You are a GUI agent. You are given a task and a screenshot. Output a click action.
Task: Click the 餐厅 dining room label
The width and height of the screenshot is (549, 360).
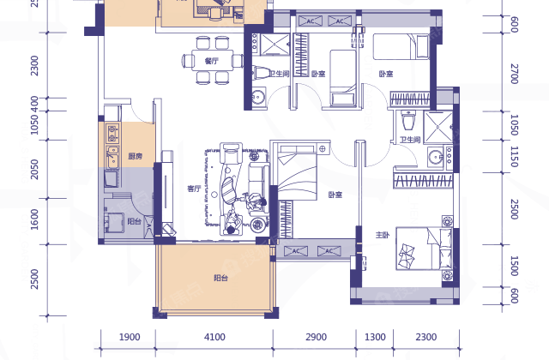[x=212, y=61]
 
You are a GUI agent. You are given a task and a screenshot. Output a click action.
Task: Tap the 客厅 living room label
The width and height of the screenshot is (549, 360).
[x=195, y=189]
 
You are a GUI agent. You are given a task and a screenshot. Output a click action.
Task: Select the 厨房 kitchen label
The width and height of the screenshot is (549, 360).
[x=136, y=156]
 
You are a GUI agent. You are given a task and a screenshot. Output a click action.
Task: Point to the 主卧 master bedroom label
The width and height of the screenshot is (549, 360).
[x=383, y=235]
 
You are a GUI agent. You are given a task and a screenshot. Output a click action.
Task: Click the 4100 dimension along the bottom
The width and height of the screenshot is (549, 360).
[x=214, y=337]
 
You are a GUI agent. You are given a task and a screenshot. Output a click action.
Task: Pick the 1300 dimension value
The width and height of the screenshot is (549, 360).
[x=375, y=337]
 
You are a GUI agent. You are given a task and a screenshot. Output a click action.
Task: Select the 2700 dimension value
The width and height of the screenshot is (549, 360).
[x=514, y=74]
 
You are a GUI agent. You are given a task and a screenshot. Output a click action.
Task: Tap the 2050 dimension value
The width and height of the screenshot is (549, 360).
[x=34, y=170]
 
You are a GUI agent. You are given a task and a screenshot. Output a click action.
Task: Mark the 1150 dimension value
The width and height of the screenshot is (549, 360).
[x=514, y=156]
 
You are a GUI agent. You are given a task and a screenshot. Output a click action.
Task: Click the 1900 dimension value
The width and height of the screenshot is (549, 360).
[x=130, y=337]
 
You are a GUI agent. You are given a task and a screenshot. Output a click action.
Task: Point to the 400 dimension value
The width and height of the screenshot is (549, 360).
[x=34, y=105]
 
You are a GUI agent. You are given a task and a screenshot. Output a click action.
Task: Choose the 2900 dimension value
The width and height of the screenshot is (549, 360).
[x=317, y=337]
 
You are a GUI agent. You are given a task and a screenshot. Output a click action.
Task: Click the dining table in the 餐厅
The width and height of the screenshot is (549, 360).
[x=212, y=61]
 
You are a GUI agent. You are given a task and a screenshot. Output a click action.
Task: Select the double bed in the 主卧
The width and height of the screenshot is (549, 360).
[x=425, y=249]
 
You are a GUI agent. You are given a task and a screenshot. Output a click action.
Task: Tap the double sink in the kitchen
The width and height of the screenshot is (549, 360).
[x=112, y=157]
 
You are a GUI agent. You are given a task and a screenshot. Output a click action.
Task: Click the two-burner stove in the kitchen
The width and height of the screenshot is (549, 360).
[x=112, y=134]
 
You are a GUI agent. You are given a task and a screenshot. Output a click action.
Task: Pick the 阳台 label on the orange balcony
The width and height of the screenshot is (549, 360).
[x=221, y=278]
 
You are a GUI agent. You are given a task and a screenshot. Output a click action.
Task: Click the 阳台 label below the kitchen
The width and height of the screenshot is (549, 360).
[x=134, y=221]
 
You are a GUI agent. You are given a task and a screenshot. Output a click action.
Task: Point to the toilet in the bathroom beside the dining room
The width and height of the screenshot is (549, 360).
[x=261, y=73]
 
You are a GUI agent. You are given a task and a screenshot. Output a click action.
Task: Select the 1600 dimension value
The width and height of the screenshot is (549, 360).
[x=34, y=219]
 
